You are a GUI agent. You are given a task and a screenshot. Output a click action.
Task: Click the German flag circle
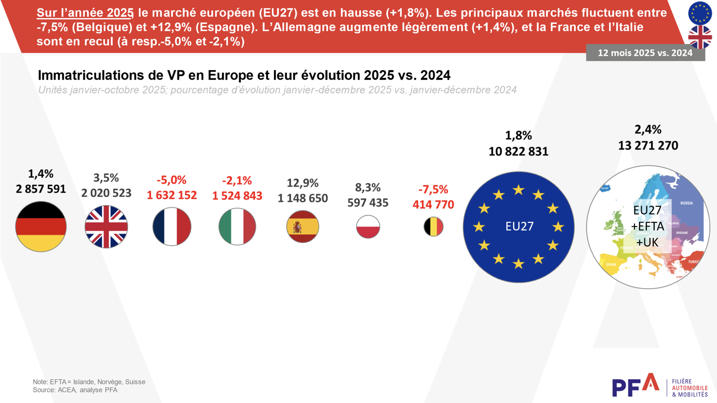point(41,226)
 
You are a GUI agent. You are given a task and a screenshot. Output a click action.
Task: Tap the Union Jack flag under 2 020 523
point(106,227)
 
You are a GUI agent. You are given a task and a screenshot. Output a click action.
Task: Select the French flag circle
point(172,227)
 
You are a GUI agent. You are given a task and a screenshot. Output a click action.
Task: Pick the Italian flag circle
point(237,227)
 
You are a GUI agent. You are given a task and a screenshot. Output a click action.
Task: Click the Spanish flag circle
point(302,227)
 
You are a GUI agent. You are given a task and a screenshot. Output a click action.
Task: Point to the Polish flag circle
point(368,227)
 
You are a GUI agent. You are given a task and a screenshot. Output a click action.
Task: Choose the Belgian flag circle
point(433,227)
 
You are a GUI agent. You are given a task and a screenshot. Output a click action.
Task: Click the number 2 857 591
point(41,189)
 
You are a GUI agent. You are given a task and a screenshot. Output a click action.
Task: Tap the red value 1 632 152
point(172,195)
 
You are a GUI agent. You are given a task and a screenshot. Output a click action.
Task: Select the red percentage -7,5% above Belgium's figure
point(433,190)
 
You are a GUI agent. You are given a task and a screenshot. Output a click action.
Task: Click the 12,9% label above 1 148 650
point(302,183)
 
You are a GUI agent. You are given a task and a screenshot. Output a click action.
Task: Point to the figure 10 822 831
point(518,152)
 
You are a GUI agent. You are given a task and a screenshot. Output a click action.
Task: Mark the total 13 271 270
point(648,146)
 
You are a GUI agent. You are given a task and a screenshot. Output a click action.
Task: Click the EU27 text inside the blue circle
point(519,227)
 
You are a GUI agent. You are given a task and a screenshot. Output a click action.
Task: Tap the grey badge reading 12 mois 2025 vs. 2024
point(645,53)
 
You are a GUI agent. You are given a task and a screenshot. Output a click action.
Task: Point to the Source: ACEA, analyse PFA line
point(75,390)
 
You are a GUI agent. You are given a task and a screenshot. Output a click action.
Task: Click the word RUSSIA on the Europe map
point(686,203)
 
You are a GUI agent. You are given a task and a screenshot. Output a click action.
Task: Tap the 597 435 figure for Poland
point(368,203)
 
